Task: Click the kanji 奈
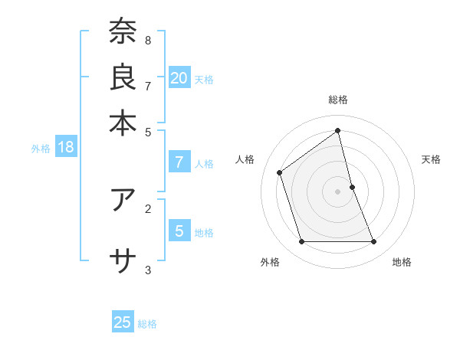tap(123, 31)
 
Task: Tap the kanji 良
tap(123, 77)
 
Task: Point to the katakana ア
tap(123, 200)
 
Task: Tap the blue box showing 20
tap(179, 78)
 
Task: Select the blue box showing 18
tap(66, 148)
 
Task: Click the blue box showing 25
tap(123, 322)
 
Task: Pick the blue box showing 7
tap(179, 162)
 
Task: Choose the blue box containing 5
tap(179, 231)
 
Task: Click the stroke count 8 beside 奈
tap(148, 40)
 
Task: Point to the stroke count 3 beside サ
tap(148, 270)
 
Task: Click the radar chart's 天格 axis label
tap(431, 159)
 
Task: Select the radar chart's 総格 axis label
tap(338, 100)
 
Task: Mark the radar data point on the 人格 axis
tap(280, 172)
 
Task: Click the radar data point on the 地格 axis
tap(374, 242)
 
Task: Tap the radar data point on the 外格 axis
tap(302, 242)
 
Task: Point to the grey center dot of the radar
tap(338, 191)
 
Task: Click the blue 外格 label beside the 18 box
tap(41, 149)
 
